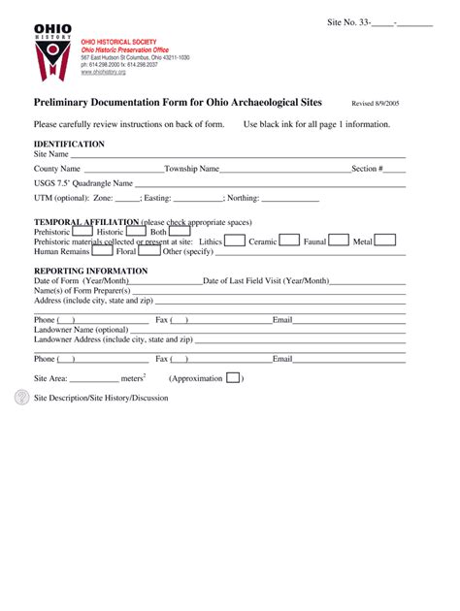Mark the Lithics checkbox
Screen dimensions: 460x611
[x=235, y=241]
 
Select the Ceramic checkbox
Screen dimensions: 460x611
[x=290, y=241]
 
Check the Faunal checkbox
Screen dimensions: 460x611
[x=339, y=241]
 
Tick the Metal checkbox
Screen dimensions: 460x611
[x=385, y=241]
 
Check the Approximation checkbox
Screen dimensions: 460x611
[x=233, y=378]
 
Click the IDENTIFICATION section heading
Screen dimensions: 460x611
[x=69, y=144]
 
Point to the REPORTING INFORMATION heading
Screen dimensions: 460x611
[x=90, y=271]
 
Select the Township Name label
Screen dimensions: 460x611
[x=192, y=169]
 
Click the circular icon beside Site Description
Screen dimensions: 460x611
[x=21, y=397]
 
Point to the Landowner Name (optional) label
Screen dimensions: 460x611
[x=81, y=330]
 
